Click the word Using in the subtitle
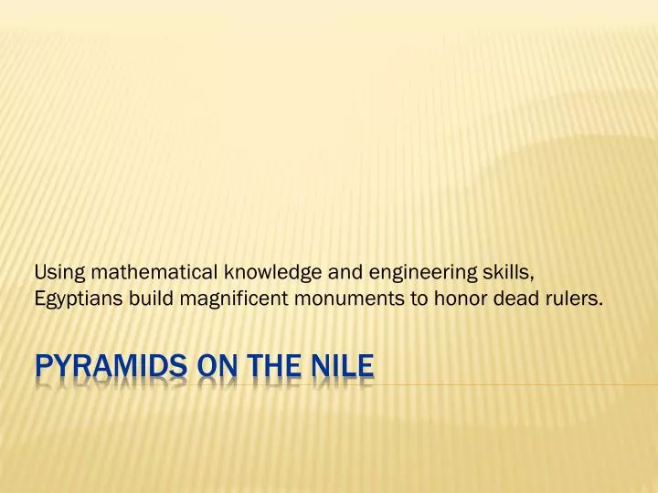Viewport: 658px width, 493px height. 52,271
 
